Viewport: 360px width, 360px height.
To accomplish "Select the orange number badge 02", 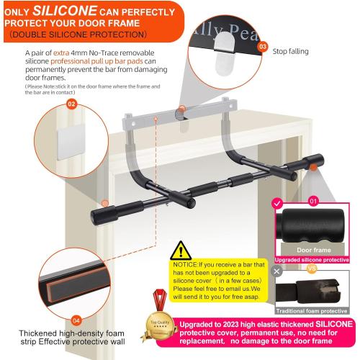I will coord(71,104).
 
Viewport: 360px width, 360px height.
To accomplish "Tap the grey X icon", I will coord(276,273).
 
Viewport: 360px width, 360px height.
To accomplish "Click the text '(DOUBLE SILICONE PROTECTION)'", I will coord(76,34).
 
